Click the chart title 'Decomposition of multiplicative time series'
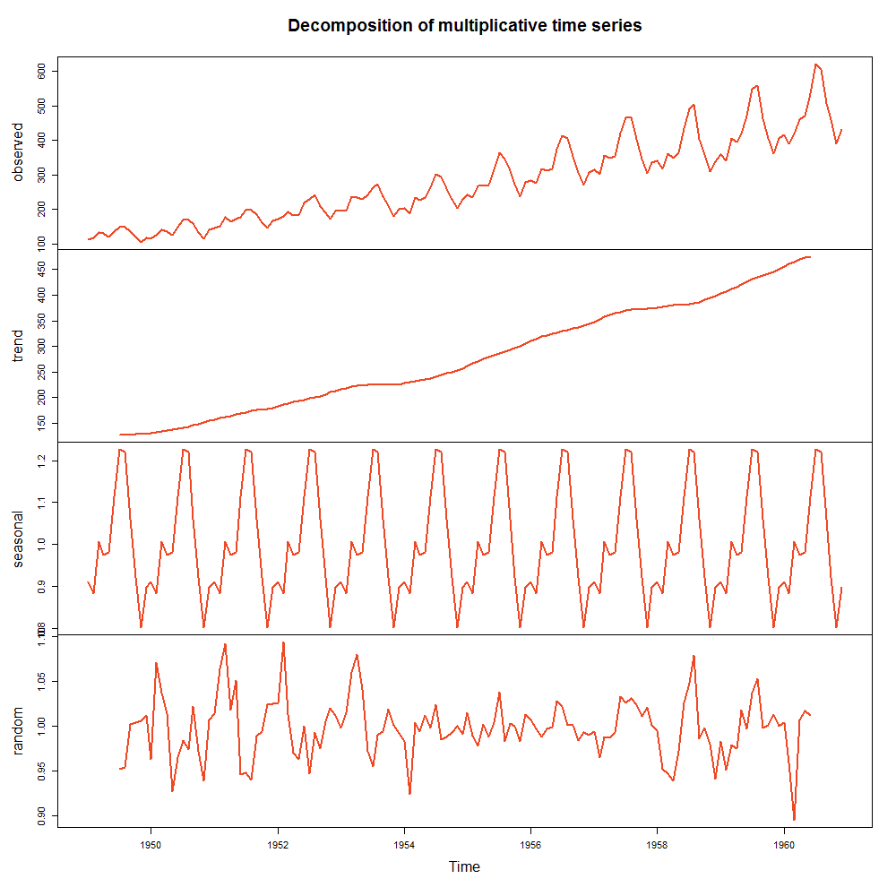[464, 26]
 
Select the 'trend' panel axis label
[19, 346]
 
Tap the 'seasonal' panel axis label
[19, 538]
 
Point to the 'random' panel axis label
[19, 731]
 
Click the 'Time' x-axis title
[464, 867]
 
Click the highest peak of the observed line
[815, 65]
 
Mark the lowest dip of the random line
[794, 819]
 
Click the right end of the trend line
[810, 257]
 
